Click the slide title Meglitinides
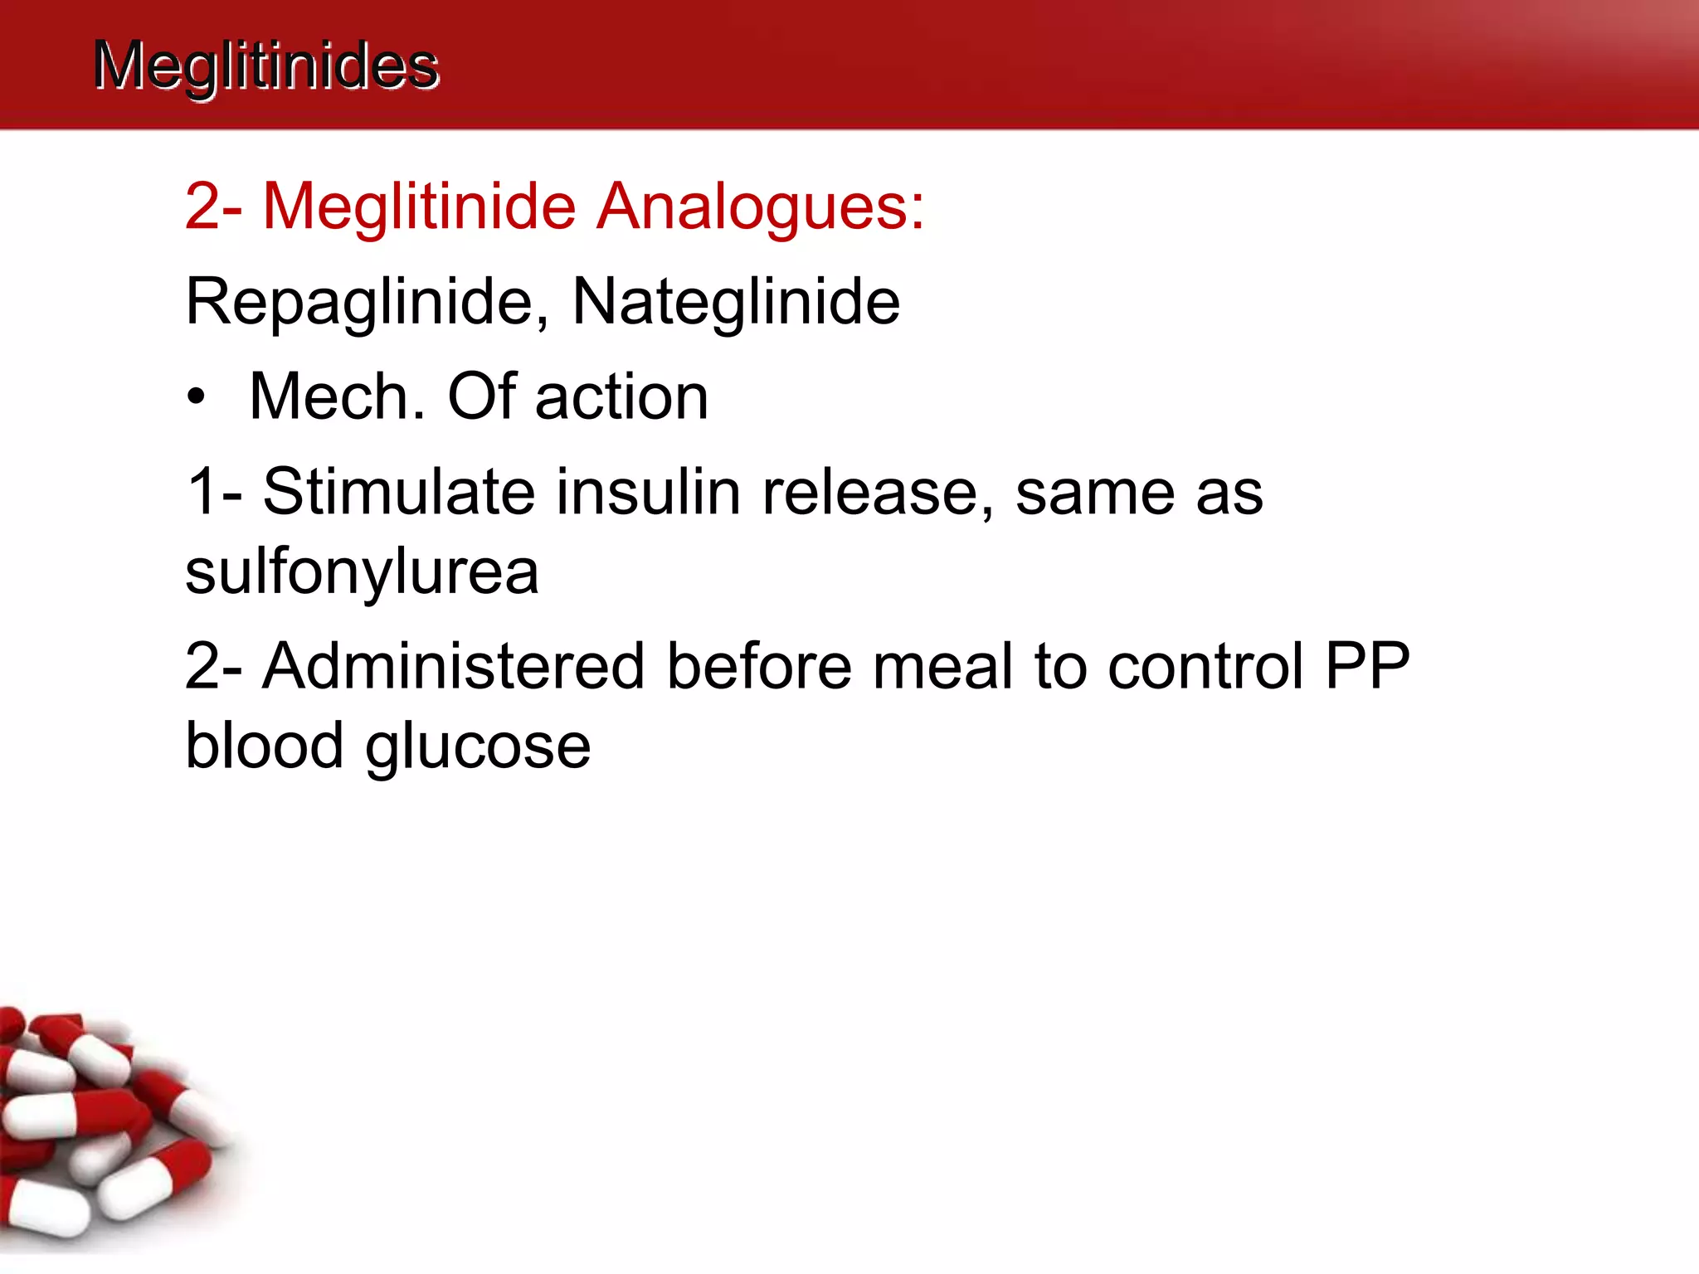[x=265, y=66]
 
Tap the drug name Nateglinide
[x=736, y=302]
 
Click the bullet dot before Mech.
[x=196, y=398]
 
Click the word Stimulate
[x=399, y=492]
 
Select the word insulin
[x=648, y=492]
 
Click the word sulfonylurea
[x=362, y=572]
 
